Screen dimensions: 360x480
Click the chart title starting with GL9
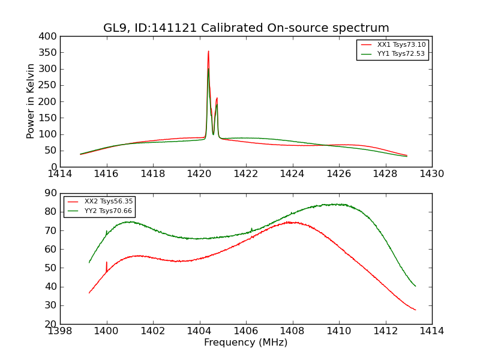click(246, 28)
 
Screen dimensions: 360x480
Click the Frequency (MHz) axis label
click(246, 343)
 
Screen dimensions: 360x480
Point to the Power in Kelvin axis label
click(31, 101)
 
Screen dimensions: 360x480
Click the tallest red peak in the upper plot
click(208, 52)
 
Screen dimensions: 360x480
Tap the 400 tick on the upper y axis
click(50, 36)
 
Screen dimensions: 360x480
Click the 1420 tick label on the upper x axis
click(199, 174)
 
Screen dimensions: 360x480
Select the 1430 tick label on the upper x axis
click(432, 174)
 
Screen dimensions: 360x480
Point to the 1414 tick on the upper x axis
click(60, 174)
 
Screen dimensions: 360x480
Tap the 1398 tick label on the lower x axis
click(60, 331)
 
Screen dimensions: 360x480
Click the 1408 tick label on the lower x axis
click(292, 331)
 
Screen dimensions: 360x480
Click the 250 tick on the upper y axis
click(50, 85)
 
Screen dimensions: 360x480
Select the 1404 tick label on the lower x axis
click(199, 331)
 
